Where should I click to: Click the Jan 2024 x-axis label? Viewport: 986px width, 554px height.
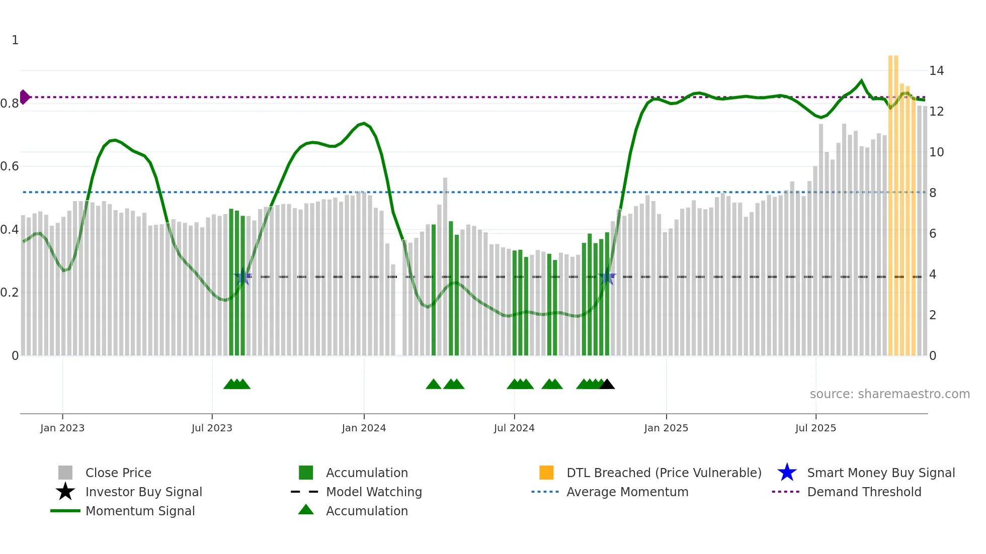click(364, 428)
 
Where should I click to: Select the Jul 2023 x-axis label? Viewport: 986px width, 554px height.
click(212, 428)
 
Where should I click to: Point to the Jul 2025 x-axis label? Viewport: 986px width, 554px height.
click(815, 428)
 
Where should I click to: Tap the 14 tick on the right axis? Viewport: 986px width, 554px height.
click(936, 71)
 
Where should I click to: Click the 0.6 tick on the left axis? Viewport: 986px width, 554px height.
click(10, 166)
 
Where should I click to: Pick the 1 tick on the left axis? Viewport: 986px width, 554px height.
click(15, 40)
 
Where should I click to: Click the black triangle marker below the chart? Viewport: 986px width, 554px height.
click(607, 384)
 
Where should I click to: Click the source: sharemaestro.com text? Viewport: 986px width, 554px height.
click(889, 394)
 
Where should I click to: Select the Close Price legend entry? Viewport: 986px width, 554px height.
click(118, 473)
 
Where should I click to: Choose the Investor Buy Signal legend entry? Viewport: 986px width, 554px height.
click(143, 492)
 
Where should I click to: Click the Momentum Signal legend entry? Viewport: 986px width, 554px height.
click(140, 511)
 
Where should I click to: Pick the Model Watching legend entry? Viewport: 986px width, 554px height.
click(374, 492)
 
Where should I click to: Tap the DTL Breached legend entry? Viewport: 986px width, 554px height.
click(664, 473)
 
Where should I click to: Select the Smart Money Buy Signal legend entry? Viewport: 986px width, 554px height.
click(880, 473)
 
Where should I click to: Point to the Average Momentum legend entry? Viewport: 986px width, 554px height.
click(627, 492)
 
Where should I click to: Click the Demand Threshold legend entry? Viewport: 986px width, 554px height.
click(864, 492)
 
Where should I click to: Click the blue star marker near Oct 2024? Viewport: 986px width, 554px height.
click(607, 276)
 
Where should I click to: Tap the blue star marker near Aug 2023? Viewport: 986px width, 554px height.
click(243, 276)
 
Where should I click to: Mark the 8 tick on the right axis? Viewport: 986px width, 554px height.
click(933, 193)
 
